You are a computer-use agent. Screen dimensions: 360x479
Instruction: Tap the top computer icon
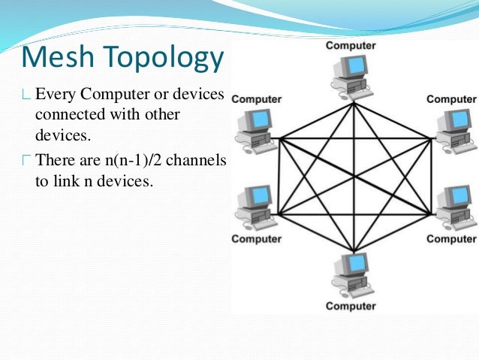pos(349,76)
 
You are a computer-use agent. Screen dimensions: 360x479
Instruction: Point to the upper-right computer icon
pos(451,129)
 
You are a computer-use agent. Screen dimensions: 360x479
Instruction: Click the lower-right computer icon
pos(451,207)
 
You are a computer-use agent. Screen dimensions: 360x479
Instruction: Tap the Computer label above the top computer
pos(351,46)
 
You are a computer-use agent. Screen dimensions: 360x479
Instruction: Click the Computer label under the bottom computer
pos(351,307)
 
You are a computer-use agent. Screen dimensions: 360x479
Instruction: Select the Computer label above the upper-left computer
pos(256,98)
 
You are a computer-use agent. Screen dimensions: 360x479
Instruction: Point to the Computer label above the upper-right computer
pos(451,98)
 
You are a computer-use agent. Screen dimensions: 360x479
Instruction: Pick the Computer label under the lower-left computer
pos(256,239)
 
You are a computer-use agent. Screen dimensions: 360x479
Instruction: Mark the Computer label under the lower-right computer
pos(451,239)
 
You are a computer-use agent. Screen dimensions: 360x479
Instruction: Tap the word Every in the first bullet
pos(53,95)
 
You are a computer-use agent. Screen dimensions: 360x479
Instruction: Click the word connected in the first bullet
pos(68,116)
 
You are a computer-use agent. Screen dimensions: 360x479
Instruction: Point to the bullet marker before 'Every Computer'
pos(27,95)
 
